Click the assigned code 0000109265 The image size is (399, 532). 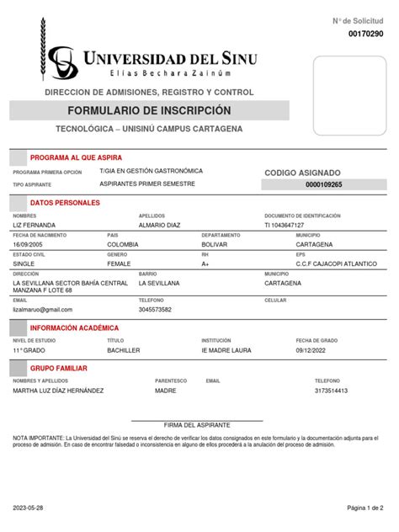coord(324,184)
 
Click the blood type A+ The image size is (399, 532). coord(205,263)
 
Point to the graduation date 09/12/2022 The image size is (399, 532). coord(313,349)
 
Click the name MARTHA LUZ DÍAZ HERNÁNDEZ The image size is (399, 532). coord(58,391)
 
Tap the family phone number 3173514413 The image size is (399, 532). coord(331,391)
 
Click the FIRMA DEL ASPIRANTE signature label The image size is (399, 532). coord(197,426)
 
